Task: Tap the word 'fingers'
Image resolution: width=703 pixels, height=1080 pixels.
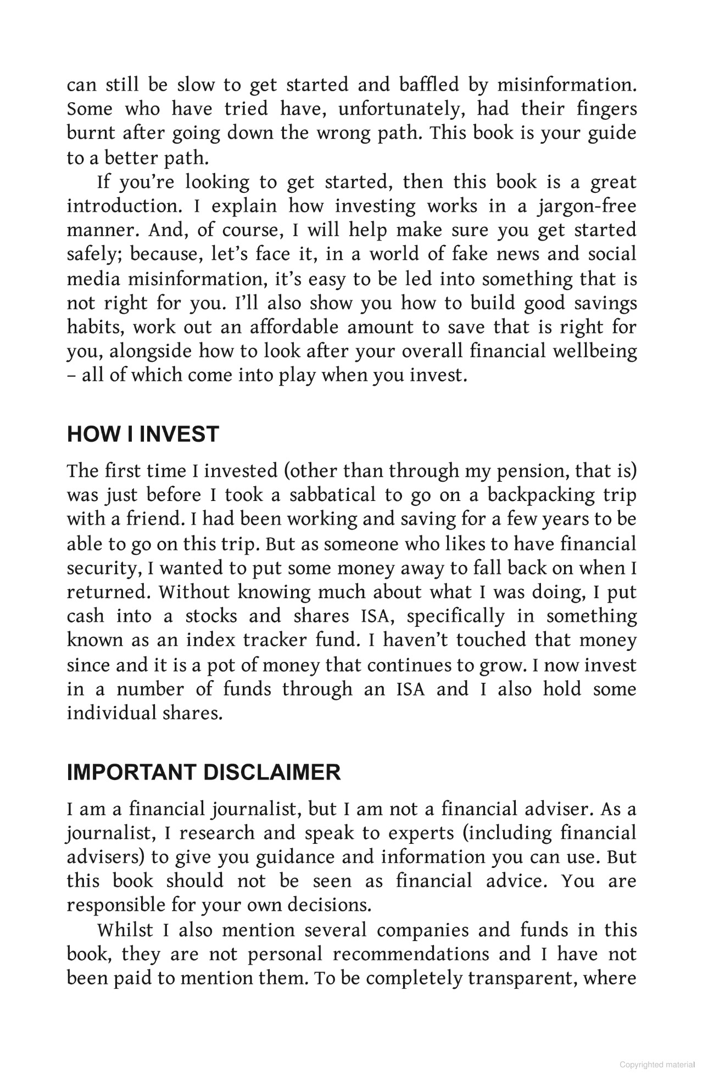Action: coord(606,109)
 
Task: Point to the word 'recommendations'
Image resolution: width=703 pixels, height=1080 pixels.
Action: coord(411,954)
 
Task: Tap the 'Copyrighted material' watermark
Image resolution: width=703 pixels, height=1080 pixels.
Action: coord(657,1065)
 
